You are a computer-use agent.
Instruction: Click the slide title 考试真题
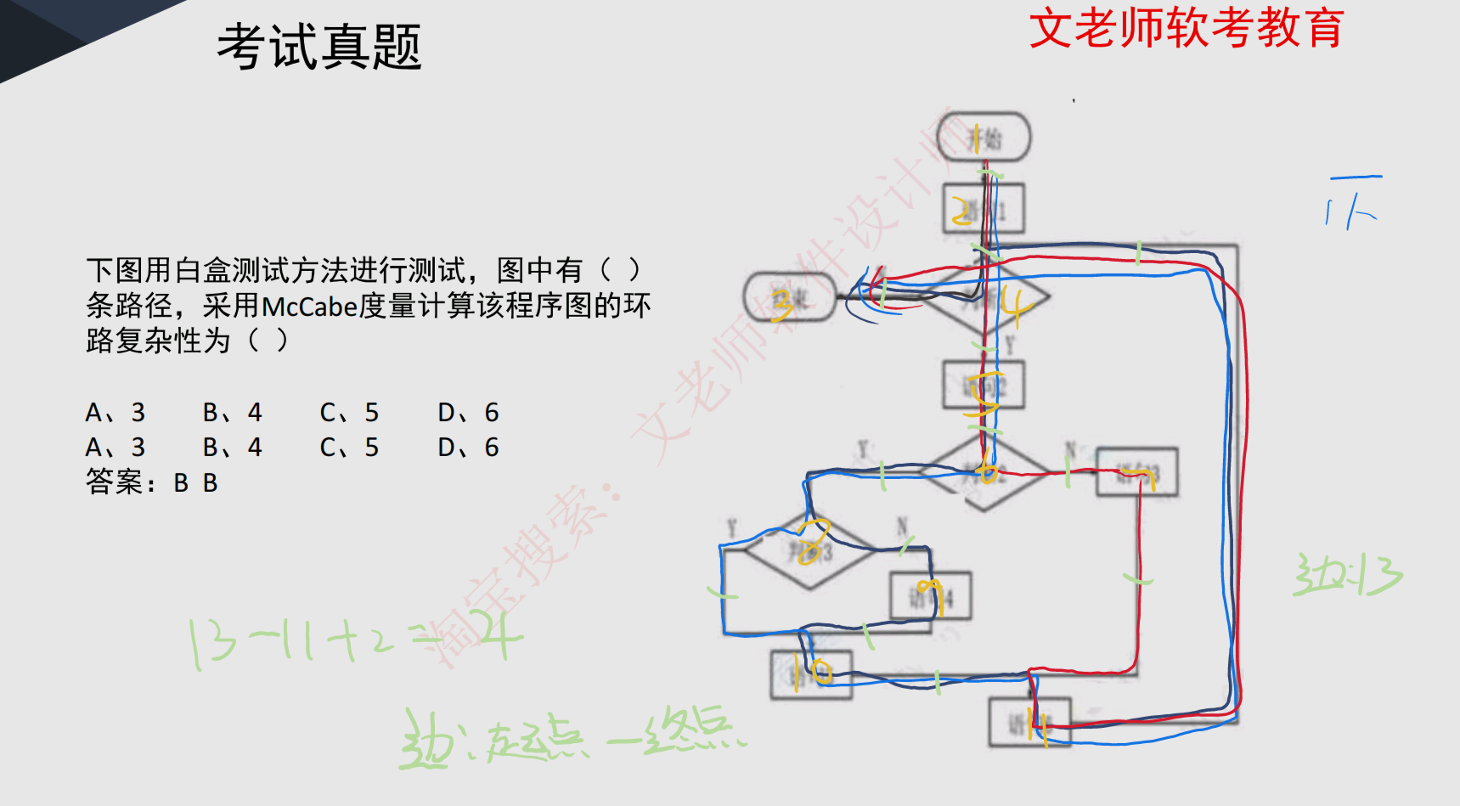[319, 47]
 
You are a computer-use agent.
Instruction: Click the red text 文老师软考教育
[1187, 28]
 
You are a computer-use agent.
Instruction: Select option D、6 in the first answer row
[468, 413]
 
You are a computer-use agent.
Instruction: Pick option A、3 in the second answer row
[116, 448]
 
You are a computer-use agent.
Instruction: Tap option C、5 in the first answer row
[349, 413]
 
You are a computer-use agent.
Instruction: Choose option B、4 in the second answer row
[232, 448]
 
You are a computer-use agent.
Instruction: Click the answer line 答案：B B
[152, 482]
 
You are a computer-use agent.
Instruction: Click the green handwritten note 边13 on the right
[1347, 575]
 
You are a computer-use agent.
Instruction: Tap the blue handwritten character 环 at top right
[1353, 202]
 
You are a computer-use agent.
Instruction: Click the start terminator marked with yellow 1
[984, 137]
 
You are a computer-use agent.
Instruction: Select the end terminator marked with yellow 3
[789, 298]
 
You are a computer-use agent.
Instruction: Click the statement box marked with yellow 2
[984, 209]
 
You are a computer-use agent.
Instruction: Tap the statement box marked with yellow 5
[984, 386]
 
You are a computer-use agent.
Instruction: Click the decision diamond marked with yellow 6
[985, 472]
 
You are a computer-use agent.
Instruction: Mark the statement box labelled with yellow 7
[1136, 472]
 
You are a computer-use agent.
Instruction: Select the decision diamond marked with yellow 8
[809, 550]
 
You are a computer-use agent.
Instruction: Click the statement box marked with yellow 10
[811, 674]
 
